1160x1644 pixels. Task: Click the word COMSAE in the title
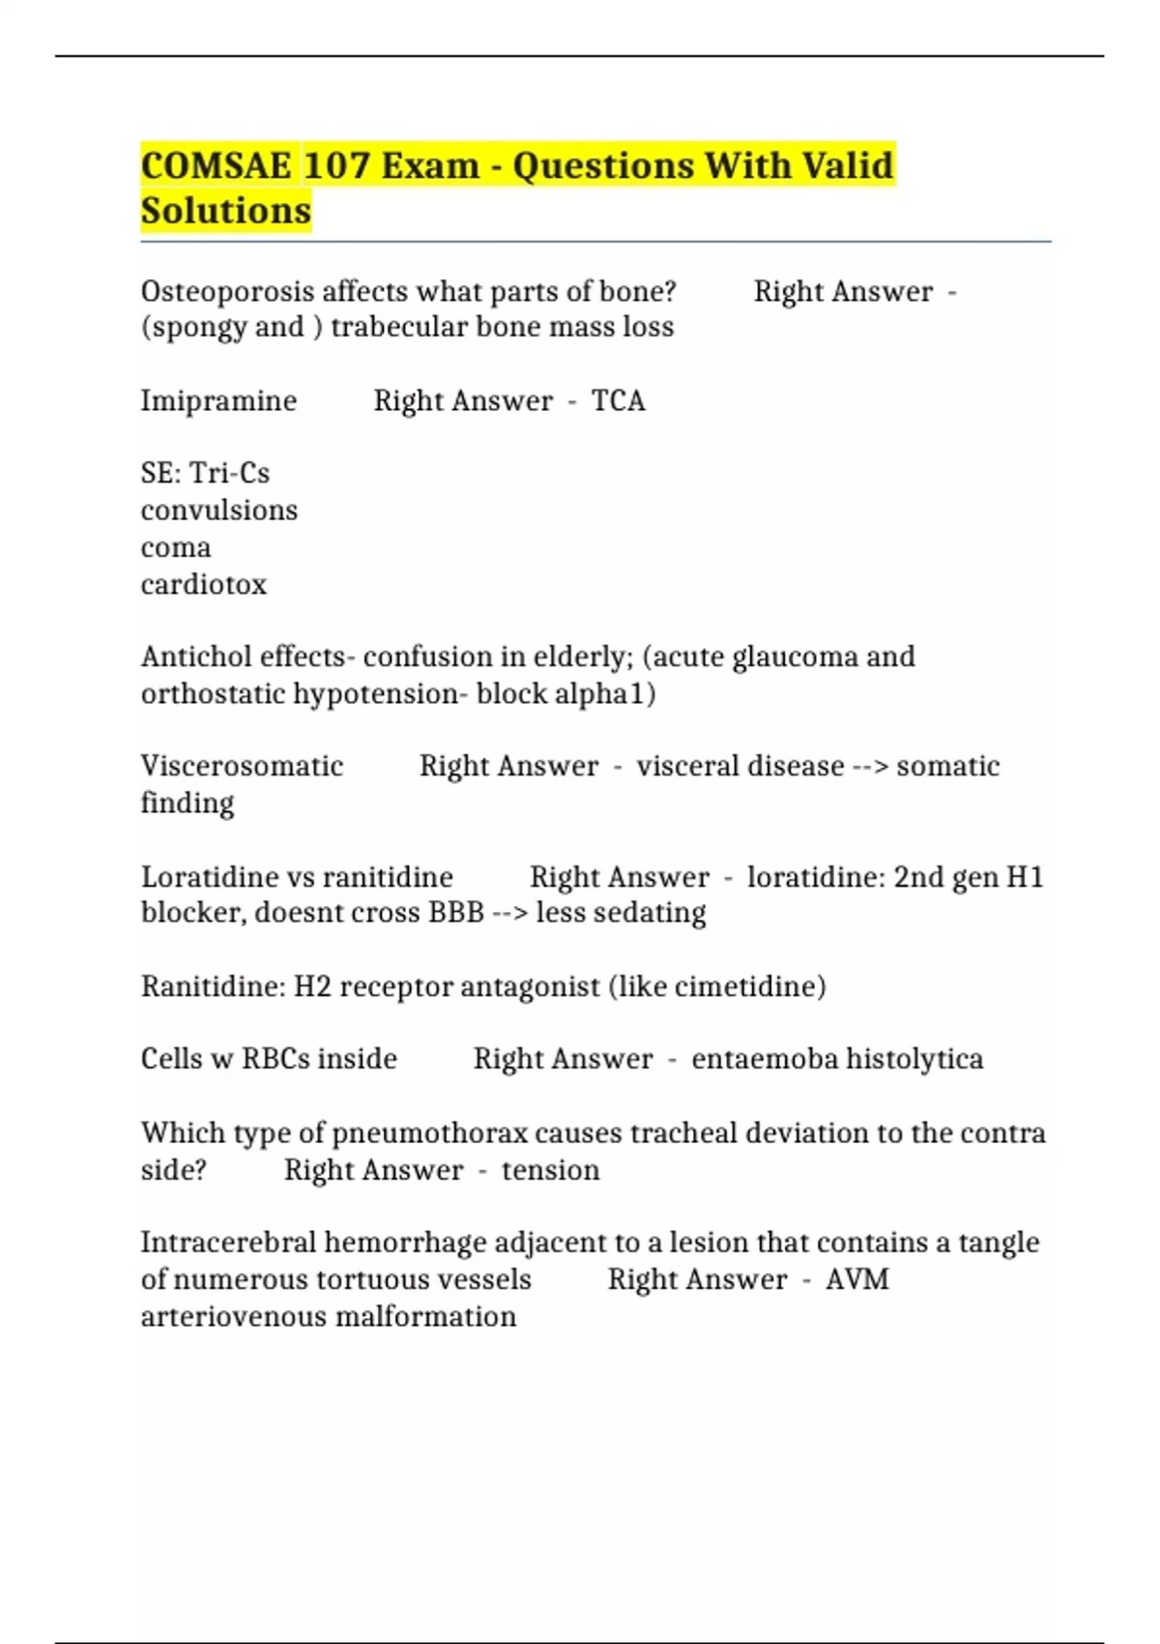coord(217,165)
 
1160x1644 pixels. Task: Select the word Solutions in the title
coord(226,210)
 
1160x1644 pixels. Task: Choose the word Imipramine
coord(218,400)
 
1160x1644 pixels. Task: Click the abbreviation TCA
coord(619,400)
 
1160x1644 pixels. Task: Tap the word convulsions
coord(219,510)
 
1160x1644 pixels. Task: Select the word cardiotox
coord(204,584)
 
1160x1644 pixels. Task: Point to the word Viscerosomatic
coord(242,766)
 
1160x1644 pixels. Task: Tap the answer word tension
coord(550,1170)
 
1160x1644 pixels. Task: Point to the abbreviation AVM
coord(857,1279)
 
